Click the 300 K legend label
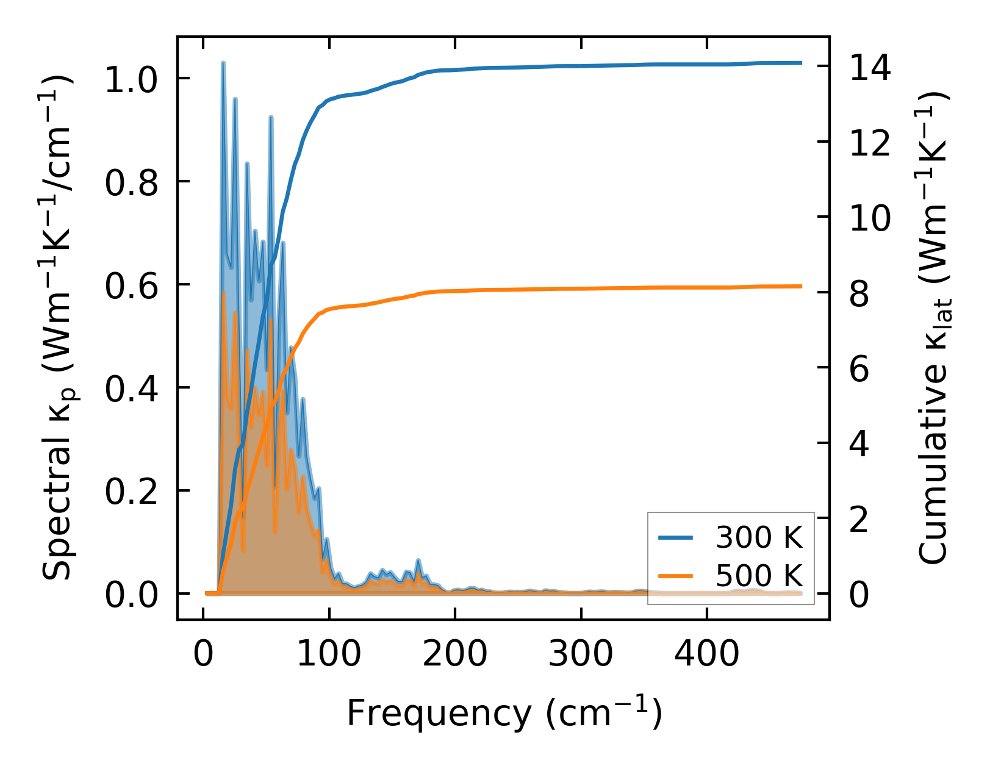click(759, 537)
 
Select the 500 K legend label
click(759, 575)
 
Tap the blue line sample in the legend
click(676, 537)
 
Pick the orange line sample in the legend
click(676, 575)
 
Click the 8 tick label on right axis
click(859, 293)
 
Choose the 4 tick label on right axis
click(859, 444)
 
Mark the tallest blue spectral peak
click(223, 63)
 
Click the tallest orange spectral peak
click(223, 293)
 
